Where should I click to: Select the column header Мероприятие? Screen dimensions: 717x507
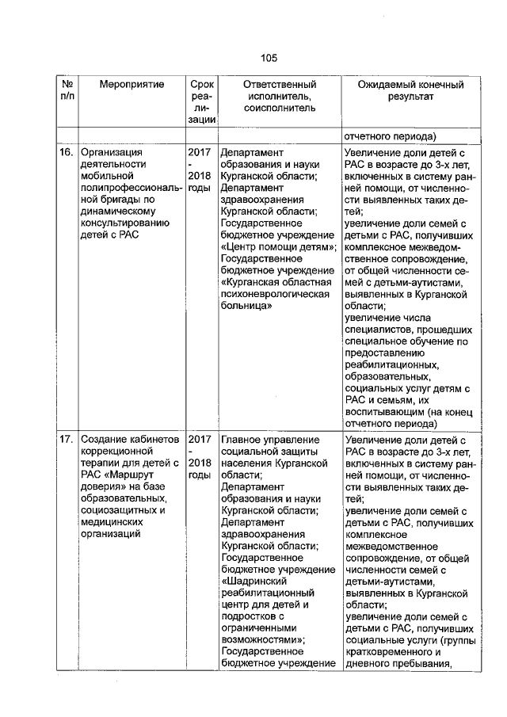(132, 84)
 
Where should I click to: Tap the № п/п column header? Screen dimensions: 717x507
(67, 90)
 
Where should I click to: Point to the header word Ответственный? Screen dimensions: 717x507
(280, 84)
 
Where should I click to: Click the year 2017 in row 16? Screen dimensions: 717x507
(200, 151)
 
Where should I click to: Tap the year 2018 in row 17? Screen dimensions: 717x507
(200, 462)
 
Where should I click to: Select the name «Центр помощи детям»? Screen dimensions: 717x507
(278, 246)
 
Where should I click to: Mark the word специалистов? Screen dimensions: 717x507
(382, 329)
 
